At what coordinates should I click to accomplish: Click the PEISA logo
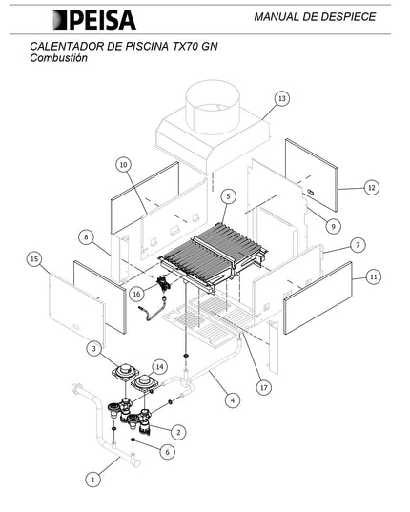94,20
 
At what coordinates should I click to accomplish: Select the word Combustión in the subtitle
58,58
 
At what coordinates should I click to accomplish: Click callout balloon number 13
281,98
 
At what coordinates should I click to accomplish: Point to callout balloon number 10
123,165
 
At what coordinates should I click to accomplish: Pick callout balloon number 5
228,196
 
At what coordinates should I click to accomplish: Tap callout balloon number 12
372,188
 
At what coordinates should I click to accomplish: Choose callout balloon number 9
334,226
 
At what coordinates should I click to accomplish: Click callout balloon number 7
359,245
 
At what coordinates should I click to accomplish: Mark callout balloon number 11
373,277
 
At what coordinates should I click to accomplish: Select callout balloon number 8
86,236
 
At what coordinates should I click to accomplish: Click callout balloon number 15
34,259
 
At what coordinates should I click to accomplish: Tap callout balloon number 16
136,294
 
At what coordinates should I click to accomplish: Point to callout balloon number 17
264,388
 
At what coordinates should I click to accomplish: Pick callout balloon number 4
233,400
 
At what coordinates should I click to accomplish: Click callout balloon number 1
93,480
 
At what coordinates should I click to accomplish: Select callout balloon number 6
168,452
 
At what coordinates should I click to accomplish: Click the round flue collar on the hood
213,106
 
